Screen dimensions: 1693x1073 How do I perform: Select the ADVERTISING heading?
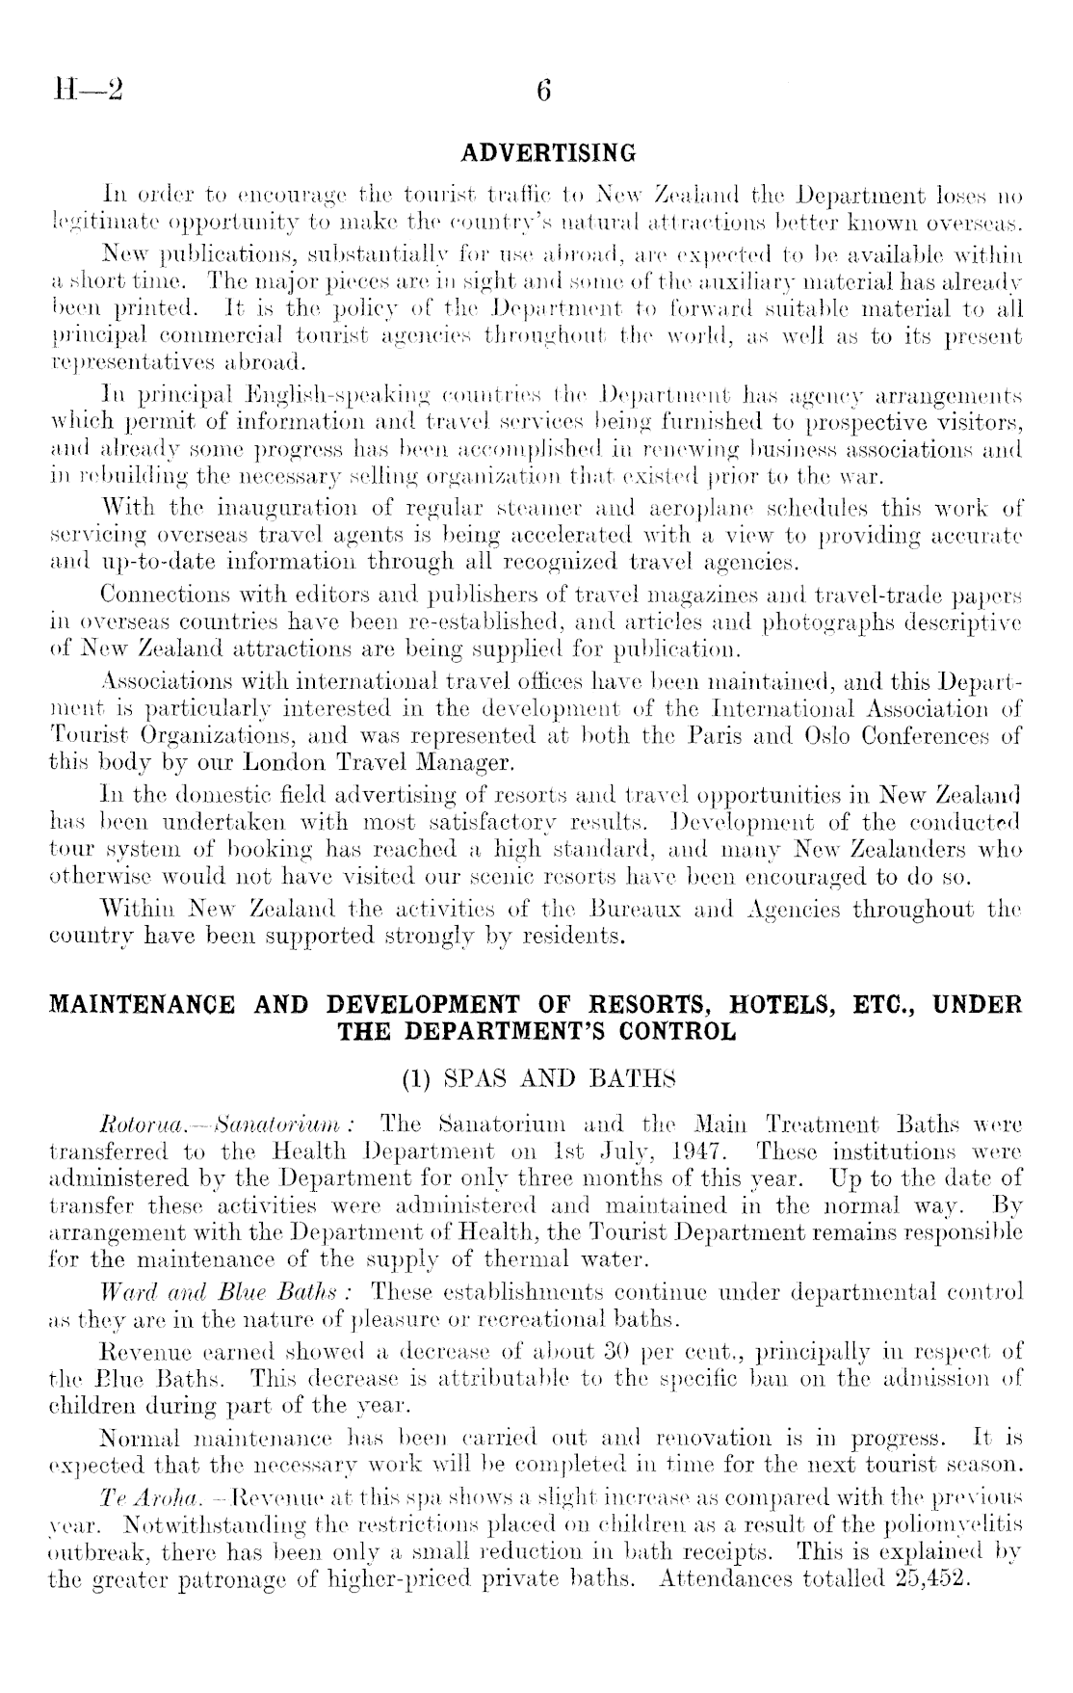tap(549, 153)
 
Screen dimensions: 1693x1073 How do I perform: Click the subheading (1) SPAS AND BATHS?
tap(536, 1079)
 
